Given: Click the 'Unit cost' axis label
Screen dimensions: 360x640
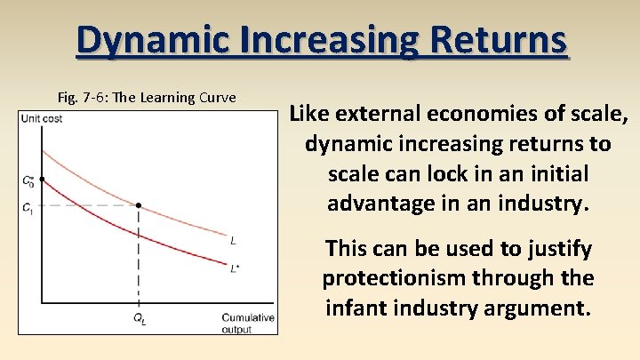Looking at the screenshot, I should click(x=42, y=118).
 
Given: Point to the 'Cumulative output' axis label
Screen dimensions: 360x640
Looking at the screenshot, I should click(x=247, y=324).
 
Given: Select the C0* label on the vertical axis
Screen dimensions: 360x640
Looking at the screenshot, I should click(x=28, y=180).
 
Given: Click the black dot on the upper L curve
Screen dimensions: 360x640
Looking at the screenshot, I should click(x=140, y=205).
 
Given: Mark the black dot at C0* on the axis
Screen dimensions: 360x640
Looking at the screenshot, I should click(x=42, y=180).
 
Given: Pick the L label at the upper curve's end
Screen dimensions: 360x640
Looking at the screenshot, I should click(x=233, y=240).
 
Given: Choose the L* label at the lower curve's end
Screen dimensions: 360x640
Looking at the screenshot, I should click(x=235, y=268).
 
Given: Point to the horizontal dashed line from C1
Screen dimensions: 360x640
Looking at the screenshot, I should click(x=89, y=205).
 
